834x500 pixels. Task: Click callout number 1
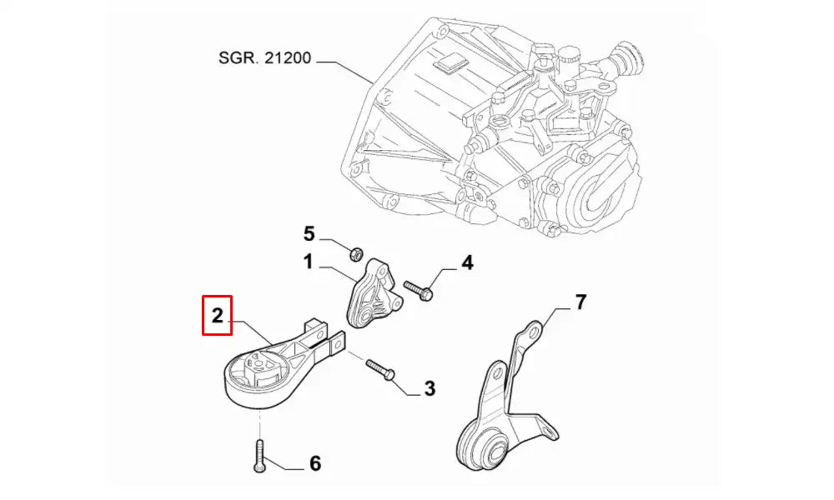click(307, 263)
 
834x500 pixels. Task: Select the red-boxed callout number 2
click(217, 315)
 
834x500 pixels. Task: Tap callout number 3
click(430, 387)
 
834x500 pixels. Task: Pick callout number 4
click(467, 263)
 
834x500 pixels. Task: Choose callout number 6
click(314, 463)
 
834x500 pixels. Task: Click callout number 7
click(581, 302)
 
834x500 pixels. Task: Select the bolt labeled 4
click(417, 290)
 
